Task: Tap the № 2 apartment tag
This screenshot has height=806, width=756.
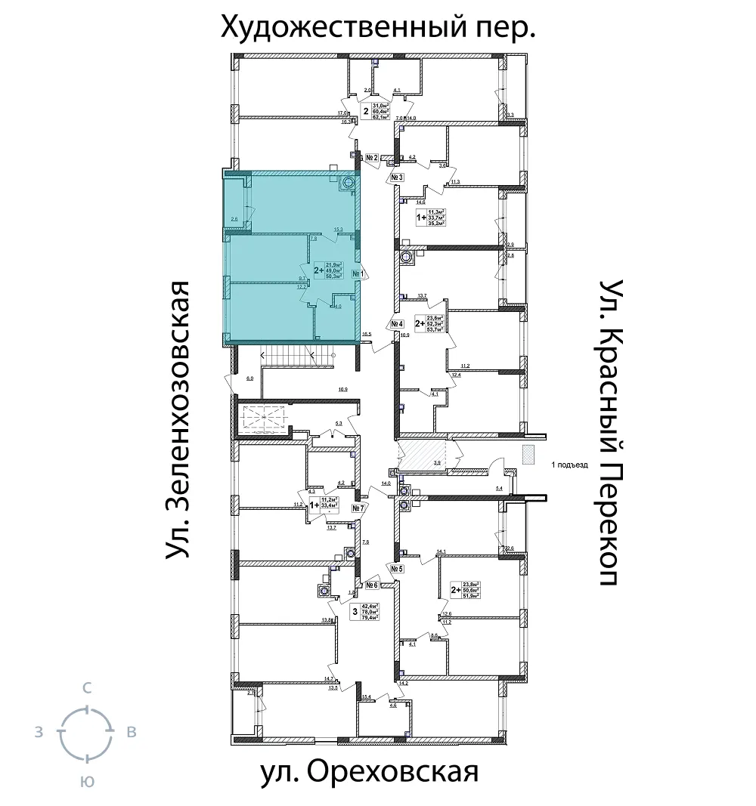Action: point(371,159)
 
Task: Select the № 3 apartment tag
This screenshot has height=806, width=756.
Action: point(398,178)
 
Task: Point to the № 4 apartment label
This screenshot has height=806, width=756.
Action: point(398,325)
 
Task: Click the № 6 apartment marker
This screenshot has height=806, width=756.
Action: point(371,585)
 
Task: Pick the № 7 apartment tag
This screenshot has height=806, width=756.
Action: point(359,509)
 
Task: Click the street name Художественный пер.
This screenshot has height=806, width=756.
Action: point(378,29)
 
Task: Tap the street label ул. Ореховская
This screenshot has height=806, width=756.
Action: point(370,773)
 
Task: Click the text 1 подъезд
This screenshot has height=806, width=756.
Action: point(569,465)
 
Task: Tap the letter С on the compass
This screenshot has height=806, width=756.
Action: point(87,688)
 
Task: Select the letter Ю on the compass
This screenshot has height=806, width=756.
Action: point(87,783)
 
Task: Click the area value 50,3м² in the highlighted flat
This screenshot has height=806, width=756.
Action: point(334,276)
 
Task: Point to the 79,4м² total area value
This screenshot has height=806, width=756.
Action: point(369,617)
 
